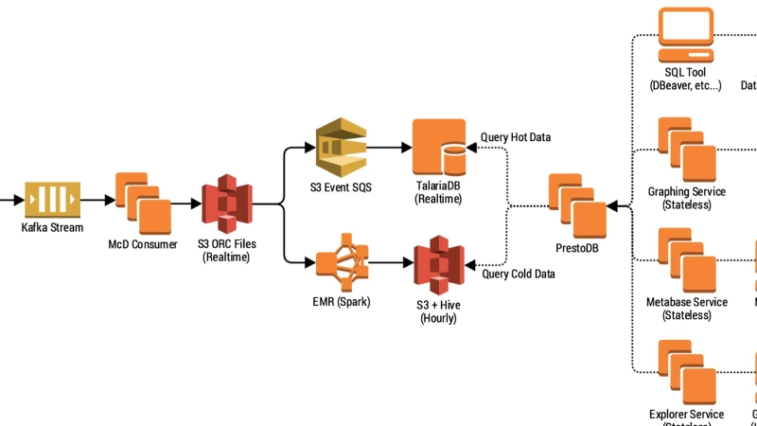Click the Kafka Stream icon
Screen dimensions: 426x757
click(53, 200)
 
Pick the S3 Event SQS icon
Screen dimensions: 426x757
click(340, 146)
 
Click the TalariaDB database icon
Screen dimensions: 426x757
click(438, 146)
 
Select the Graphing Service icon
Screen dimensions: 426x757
click(687, 151)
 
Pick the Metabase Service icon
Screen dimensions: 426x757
click(687, 261)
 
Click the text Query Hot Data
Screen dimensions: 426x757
click(516, 137)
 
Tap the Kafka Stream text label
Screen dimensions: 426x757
click(52, 228)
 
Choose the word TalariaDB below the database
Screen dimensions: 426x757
click(438, 186)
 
